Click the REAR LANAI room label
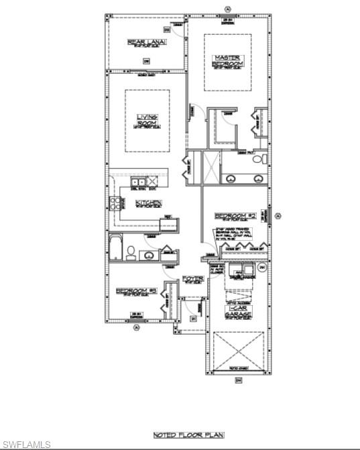[x=145, y=43]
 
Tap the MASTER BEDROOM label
[x=227, y=60]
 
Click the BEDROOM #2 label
[x=235, y=216]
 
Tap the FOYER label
[x=193, y=278]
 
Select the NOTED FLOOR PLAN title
[x=179, y=435]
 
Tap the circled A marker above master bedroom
[x=228, y=9]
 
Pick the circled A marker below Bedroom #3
[x=136, y=327]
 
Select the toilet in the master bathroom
[x=264, y=160]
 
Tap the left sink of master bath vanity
[x=231, y=178]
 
